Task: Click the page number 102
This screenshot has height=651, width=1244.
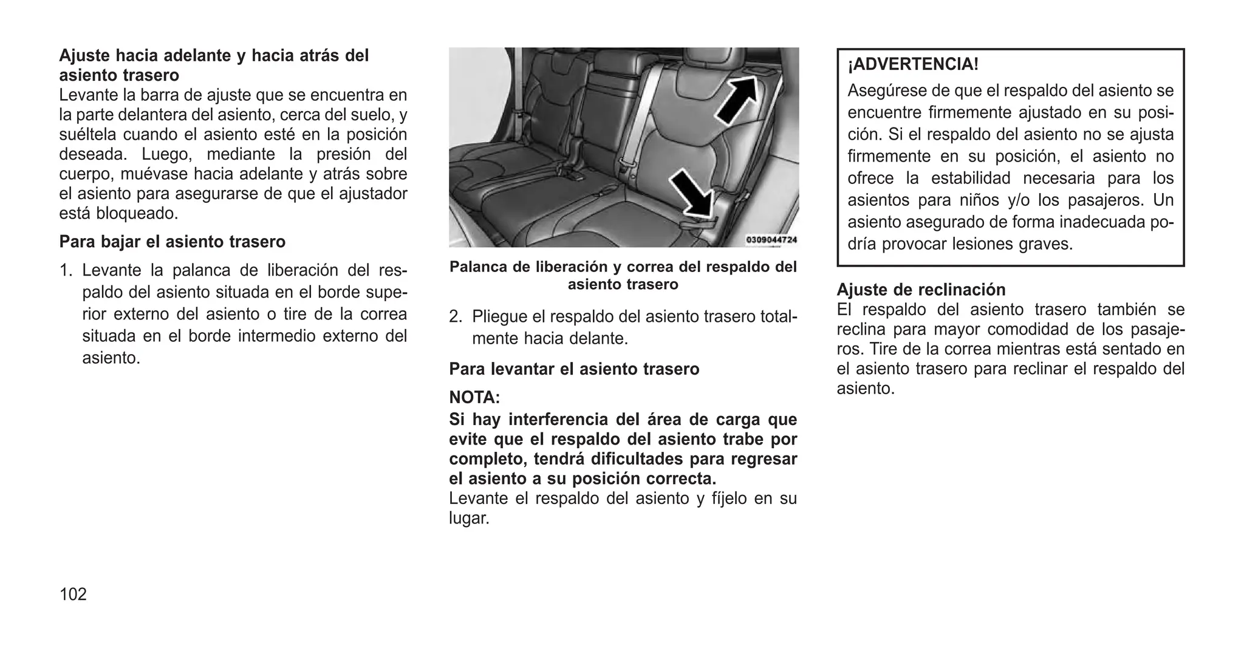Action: [73, 595]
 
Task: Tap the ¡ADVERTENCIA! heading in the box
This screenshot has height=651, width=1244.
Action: [913, 64]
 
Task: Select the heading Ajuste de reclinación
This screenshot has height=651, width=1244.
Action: [921, 289]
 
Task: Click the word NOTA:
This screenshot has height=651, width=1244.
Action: [474, 398]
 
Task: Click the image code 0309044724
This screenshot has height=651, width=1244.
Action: [771, 240]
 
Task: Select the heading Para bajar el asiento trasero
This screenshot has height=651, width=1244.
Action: [172, 242]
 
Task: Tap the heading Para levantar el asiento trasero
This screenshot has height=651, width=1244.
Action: [574, 369]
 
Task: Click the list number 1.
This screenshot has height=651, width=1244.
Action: [66, 270]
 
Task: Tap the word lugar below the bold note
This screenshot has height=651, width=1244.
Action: [468, 519]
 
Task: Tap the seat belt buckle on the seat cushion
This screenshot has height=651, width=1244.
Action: [572, 174]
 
